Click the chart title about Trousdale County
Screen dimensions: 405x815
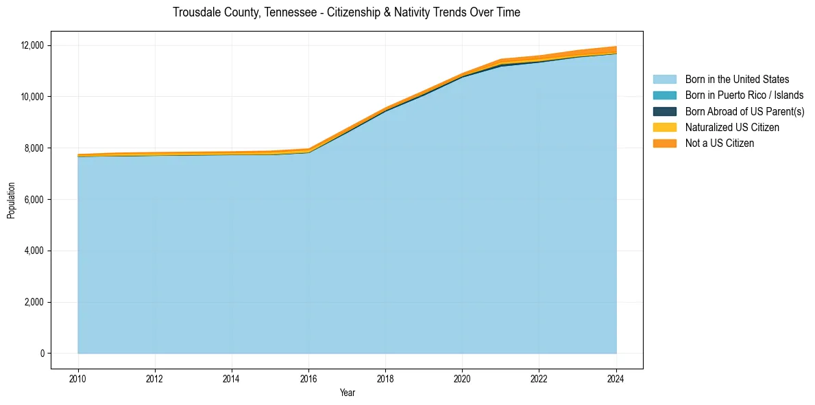(346, 12)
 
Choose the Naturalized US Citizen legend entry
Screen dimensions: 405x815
(732, 128)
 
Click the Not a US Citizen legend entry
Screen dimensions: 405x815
(720, 143)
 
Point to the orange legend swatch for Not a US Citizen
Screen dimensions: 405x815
(664, 143)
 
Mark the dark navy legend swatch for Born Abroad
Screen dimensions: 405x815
(664, 111)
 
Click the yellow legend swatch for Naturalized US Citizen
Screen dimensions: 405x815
(664, 128)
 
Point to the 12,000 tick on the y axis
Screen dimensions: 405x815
(32, 45)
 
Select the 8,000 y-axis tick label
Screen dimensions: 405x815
(34, 148)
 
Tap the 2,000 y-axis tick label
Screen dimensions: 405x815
(34, 302)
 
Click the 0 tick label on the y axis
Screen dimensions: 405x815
(42, 354)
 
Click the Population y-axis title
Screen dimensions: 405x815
(11, 200)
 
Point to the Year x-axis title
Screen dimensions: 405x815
(347, 393)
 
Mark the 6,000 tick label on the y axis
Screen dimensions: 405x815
(34, 200)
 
